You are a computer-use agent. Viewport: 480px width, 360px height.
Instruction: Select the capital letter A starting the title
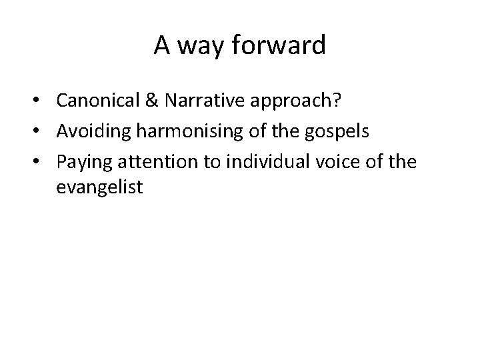coord(161,46)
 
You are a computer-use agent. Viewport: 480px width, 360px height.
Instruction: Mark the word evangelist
coord(99,188)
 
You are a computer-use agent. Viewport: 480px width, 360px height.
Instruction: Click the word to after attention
coord(212,160)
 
